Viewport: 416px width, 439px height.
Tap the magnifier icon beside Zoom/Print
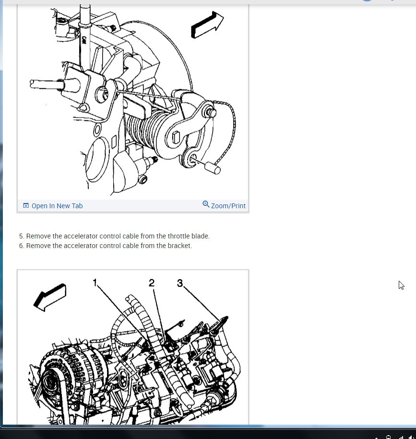206,204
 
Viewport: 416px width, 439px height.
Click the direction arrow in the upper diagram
207,24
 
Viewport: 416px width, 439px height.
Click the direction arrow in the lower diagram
49,297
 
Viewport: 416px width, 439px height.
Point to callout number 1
95,283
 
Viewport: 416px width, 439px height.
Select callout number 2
152,283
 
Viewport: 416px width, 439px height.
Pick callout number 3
180,283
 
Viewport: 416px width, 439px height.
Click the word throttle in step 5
178,236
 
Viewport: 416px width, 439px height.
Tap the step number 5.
21,236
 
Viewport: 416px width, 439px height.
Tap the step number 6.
21,246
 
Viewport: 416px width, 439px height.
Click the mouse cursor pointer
402,285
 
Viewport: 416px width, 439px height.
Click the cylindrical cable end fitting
213,168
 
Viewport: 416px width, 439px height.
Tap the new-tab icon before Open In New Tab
26,206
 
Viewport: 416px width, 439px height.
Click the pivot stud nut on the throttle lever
211,113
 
